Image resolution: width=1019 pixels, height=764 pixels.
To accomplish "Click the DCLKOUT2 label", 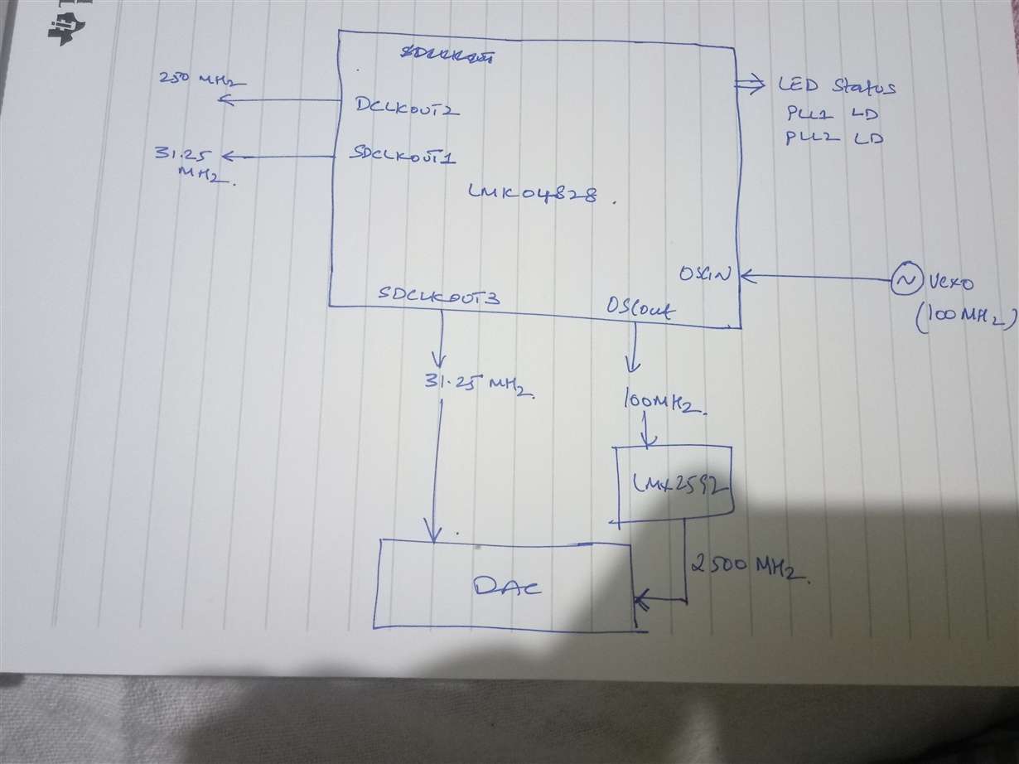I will tap(407, 109).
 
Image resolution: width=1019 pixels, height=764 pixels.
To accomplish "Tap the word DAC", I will tap(507, 587).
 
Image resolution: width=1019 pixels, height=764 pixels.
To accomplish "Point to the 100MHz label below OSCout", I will tap(662, 404).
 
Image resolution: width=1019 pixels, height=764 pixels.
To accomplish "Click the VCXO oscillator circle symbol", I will tap(904, 282).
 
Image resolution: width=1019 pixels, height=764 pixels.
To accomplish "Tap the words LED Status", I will tap(836, 85).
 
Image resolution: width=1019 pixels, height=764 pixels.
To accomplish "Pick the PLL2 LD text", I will tap(833, 138).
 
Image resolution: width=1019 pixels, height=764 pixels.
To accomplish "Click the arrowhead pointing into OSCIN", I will tap(748, 274).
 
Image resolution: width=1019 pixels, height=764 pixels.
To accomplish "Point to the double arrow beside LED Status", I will tap(753, 82).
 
